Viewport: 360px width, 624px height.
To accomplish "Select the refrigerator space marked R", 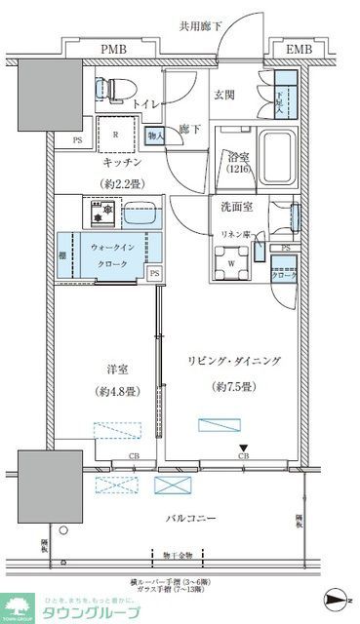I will pyautogui.click(x=116, y=136).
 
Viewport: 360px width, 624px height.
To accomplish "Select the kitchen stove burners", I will pyautogui.click(x=103, y=210).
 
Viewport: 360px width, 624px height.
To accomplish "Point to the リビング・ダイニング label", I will pyautogui.click(x=233, y=361).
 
